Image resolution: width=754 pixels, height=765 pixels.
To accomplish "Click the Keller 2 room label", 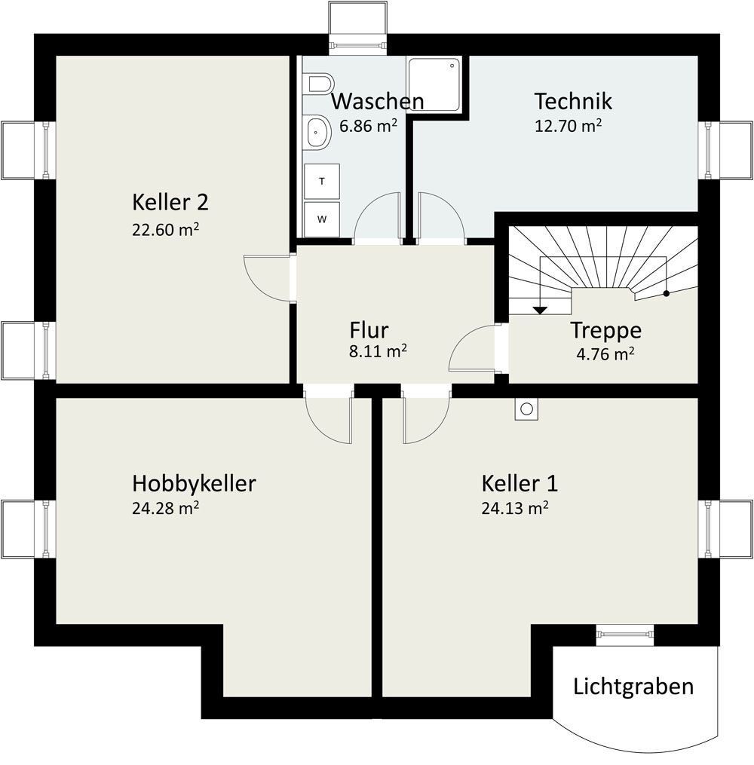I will [170, 202].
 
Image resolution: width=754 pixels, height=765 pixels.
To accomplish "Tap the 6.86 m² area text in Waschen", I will [368, 126].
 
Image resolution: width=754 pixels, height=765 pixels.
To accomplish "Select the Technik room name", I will [573, 100].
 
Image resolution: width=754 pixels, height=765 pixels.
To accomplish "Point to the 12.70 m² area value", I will [568, 126].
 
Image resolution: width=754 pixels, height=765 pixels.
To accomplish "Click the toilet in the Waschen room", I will [319, 82].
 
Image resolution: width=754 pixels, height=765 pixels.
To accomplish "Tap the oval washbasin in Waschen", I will [317, 132].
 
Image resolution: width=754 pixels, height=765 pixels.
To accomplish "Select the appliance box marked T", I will [322, 182].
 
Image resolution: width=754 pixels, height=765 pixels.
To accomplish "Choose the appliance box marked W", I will [322, 219].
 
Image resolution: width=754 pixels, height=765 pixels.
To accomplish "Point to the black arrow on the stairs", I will [540, 309].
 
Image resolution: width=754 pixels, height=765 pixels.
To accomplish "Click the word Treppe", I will [605, 330].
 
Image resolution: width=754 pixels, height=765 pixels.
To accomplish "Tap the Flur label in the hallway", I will [369, 330].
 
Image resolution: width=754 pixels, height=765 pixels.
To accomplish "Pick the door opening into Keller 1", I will [426, 418].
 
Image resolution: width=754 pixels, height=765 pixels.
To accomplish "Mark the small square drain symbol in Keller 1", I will [526, 409].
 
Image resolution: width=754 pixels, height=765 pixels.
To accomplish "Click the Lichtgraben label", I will [633, 687].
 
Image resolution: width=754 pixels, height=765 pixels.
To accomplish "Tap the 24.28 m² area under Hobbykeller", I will [165, 508].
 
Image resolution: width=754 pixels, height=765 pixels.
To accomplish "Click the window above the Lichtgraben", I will [624, 634].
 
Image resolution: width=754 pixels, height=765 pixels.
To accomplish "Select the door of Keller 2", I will [268, 277].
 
